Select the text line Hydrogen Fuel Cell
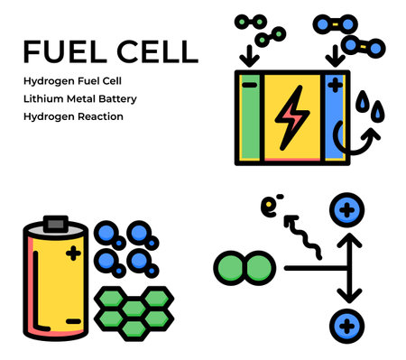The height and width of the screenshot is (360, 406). pos(72,80)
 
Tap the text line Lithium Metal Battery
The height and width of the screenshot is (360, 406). pos(80,98)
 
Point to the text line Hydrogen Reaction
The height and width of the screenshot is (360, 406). pos(73,116)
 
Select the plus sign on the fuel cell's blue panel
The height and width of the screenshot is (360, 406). pos(336,88)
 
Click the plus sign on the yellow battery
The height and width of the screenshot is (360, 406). pos(73,256)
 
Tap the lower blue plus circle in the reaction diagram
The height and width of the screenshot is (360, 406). pos(348,325)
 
